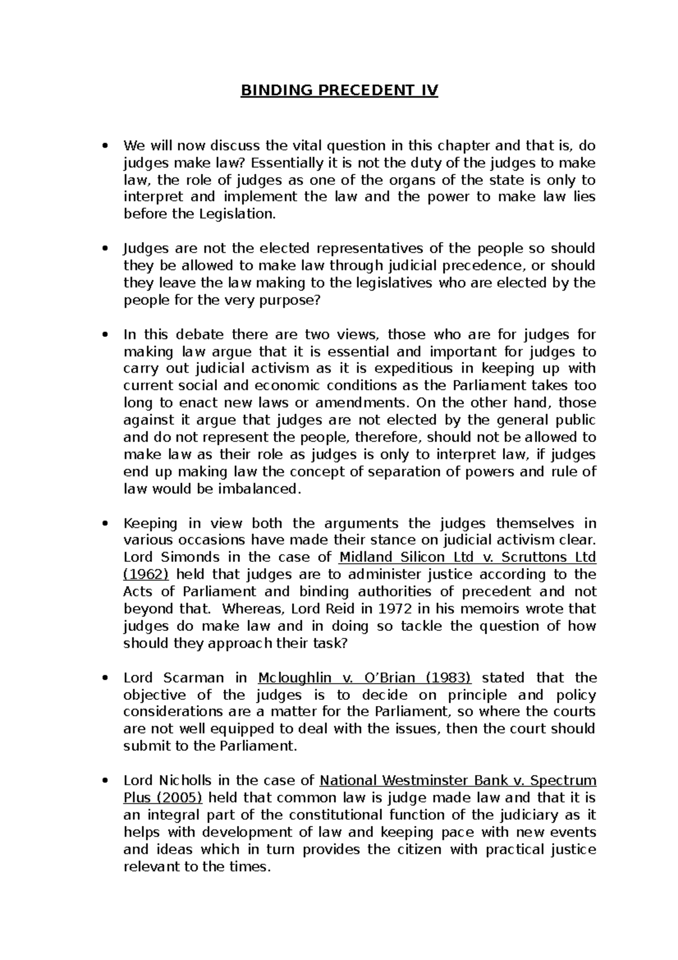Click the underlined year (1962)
146,574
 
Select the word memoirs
490,609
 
